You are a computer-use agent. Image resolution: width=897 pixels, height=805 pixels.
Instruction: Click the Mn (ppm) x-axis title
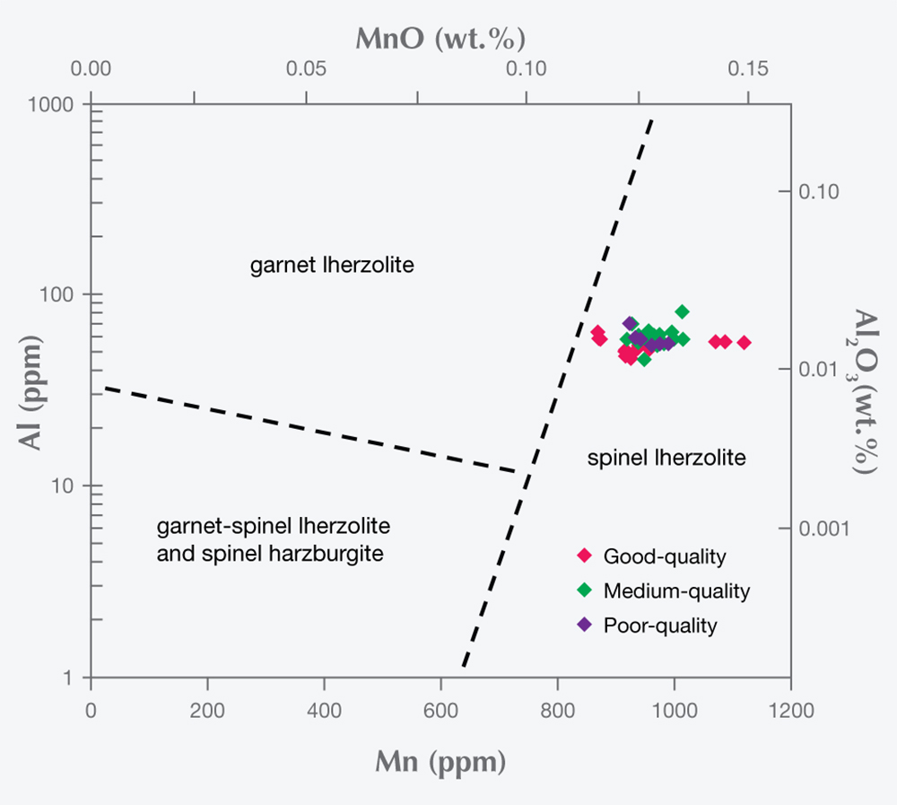pos(440,763)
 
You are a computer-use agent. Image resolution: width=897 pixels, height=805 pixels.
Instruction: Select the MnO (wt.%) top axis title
pos(440,39)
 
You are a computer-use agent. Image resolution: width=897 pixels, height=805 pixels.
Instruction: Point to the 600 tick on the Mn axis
pos(440,709)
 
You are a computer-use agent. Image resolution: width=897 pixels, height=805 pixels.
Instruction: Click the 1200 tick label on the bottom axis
pos(789,709)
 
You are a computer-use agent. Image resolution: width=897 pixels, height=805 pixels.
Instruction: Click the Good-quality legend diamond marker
pos(585,556)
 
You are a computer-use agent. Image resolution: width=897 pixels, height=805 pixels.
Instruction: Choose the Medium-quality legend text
pos(676,591)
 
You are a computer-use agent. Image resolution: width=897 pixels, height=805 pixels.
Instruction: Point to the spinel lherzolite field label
pos(666,459)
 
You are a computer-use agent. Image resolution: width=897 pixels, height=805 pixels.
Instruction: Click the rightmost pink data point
pos(744,342)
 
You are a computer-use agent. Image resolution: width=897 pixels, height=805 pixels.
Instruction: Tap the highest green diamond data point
pos(683,311)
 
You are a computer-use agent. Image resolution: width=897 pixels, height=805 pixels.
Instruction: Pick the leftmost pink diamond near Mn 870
pos(597,332)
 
